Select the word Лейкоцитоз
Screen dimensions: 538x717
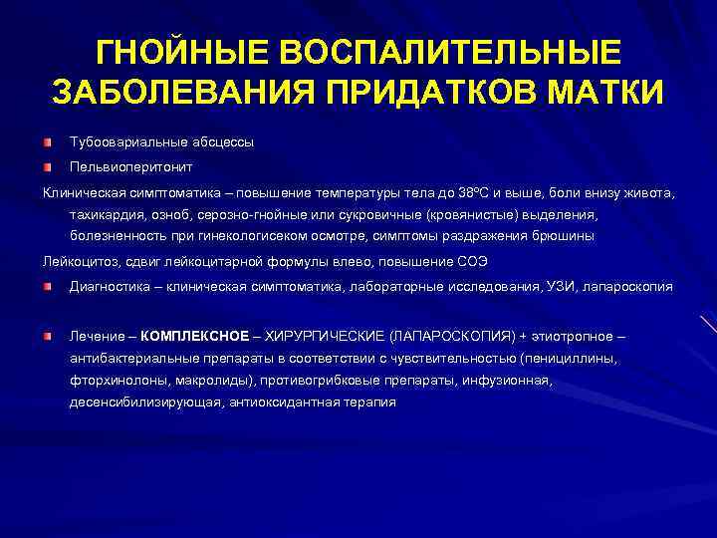(77, 261)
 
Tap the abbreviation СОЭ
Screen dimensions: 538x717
(469, 261)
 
